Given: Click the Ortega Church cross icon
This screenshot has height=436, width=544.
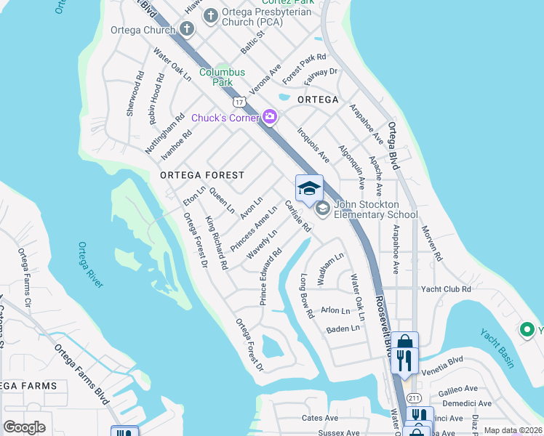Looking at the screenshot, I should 187,30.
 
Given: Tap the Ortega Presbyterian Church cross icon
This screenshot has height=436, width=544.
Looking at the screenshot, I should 211,15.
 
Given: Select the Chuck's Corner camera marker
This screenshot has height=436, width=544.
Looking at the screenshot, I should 271,117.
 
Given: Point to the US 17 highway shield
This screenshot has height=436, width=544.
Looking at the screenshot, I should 239,102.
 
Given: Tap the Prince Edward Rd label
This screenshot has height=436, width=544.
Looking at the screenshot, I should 269,278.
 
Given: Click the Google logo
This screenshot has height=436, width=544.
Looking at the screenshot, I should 25,427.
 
